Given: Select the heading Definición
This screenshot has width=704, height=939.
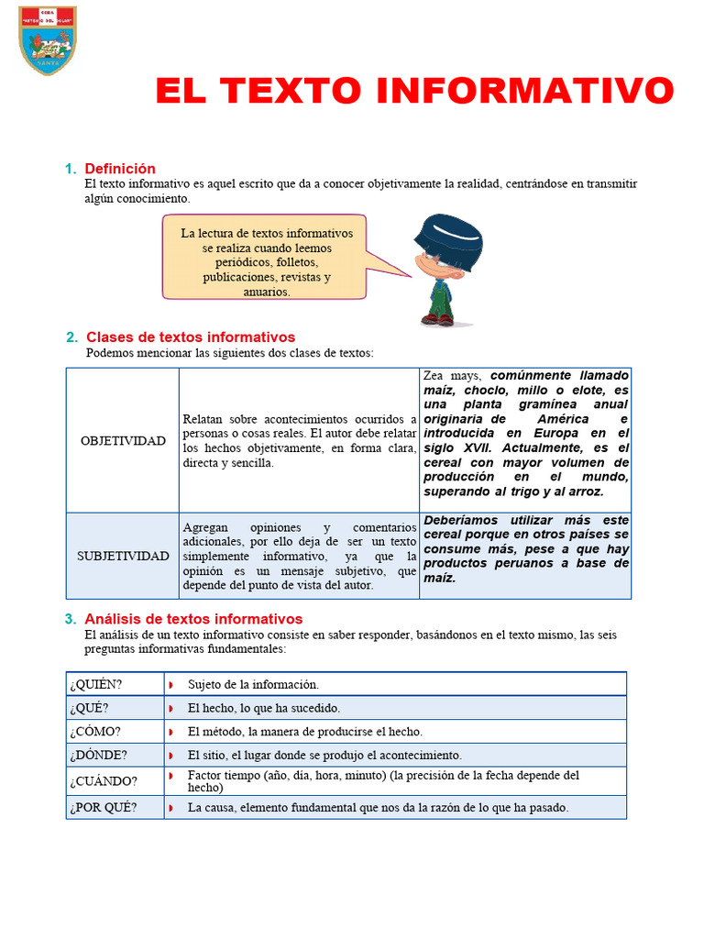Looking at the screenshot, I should pos(120,169).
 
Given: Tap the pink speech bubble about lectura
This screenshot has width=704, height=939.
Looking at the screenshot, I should pos(265,257).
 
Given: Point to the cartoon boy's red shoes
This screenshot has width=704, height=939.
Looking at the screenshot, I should pos(437,319).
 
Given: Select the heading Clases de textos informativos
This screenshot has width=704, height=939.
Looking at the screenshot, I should pos(191,337).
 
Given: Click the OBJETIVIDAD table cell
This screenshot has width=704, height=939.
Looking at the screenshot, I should pos(123,440).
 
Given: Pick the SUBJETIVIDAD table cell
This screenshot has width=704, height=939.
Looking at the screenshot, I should pos(123,556).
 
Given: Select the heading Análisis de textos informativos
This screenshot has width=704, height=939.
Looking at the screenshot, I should pos(193,619).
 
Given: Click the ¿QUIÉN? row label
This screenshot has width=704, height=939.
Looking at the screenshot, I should pos(95,684).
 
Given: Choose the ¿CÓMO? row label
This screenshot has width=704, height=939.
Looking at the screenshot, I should pos(95,732).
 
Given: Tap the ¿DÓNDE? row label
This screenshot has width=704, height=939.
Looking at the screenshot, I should pos(98,756).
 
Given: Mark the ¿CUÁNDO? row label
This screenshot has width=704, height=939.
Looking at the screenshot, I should pos(103,781).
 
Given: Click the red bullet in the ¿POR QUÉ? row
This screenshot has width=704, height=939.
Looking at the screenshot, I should pos(171,808).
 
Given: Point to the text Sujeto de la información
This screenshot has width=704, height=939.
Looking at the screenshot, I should pos(253,684).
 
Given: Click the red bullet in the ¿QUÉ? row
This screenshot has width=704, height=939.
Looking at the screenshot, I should pos(171,708).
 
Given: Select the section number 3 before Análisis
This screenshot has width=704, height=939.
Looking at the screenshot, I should pos(71,619).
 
